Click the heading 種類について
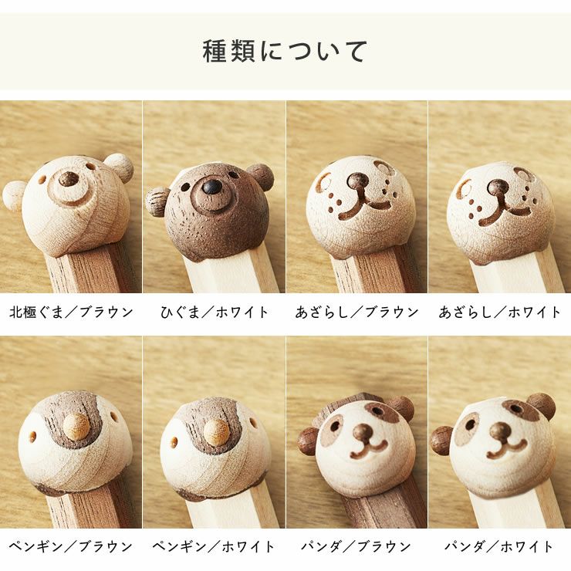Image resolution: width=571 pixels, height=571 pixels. click(x=285, y=51)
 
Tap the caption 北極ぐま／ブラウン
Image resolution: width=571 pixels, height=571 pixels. click(x=71, y=313)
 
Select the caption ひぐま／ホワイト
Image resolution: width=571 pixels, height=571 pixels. click(x=214, y=313)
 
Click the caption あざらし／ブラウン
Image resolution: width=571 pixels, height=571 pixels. click(x=356, y=313)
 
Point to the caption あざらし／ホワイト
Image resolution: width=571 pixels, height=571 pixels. click(x=499, y=313)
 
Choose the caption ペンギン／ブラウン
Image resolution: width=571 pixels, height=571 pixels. click(x=71, y=546)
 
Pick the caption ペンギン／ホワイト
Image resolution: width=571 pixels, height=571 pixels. click(x=214, y=546)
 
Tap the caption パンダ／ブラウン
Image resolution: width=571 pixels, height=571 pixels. click(x=356, y=546)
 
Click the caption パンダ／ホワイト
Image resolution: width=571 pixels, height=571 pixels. click(x=499, y=546)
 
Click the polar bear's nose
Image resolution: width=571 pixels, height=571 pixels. click(x=69, y=180)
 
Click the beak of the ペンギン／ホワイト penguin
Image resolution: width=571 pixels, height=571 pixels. click(x=217, y=431)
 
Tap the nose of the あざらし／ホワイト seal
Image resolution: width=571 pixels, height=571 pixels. click(x=498, y=188)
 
